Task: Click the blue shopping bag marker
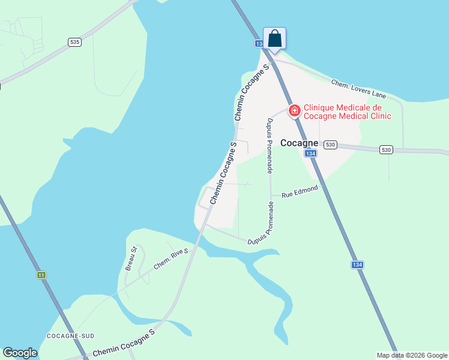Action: click(274, 39)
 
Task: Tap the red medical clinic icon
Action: click(294, 110)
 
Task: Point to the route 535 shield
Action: click(74, 42)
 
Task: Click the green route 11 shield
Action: click(41, 275)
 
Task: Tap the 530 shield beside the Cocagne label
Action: click(330, 145)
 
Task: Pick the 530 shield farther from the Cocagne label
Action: click(385, 149)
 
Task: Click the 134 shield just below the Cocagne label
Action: click(310, 154)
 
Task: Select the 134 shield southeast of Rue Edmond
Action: click(357, 265)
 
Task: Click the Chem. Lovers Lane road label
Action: click(359, 89)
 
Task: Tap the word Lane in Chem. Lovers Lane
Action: click(378, 94)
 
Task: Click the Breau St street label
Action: click(131, 258)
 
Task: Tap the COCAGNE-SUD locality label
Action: click(70, 335)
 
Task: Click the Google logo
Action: click(20, 353)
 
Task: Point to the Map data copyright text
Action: click(412, 355)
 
